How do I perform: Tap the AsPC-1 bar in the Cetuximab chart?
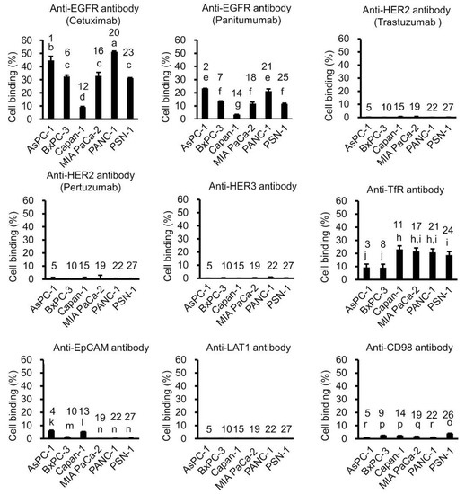pos(51,89)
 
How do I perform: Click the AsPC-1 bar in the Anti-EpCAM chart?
pos(51,434)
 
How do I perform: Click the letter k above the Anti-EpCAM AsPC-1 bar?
pos(51,420)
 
